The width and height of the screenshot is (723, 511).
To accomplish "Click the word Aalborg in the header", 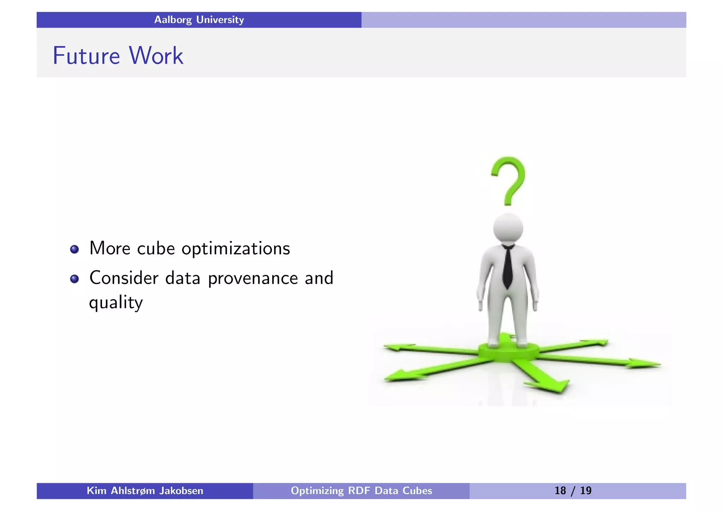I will [x=173, y=20].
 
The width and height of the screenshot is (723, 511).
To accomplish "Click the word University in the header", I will [x=220, y=20].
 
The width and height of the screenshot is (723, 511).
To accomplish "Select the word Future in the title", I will [x=86, y=56].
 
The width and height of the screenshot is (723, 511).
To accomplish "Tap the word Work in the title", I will [x=156, y=56].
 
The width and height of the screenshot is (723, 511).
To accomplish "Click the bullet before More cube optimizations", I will [x=74, y=250].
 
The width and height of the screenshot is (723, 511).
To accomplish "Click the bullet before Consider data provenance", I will [x=74, y=279].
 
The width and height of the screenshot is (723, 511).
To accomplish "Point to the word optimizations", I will [x=235, y=249].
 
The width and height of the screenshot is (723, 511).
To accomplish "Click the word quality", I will [x=116, y=303].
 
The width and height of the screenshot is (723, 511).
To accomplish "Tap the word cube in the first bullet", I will [x=156, y=249].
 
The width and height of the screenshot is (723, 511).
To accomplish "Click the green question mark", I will [x=509, y=180].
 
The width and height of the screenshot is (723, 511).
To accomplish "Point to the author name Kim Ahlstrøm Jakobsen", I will [x=145, y=491].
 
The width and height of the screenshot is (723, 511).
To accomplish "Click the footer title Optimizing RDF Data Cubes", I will [x=361, y=491].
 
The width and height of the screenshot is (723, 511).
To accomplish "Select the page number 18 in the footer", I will [x=560, y=491].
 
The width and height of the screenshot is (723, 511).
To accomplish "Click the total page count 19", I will [x=586, y=491].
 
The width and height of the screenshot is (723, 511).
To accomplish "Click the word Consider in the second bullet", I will [x=124, y=278].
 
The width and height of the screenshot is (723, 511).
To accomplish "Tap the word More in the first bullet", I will [x=110, y=248].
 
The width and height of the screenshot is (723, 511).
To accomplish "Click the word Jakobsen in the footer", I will [x=181, y=491].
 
